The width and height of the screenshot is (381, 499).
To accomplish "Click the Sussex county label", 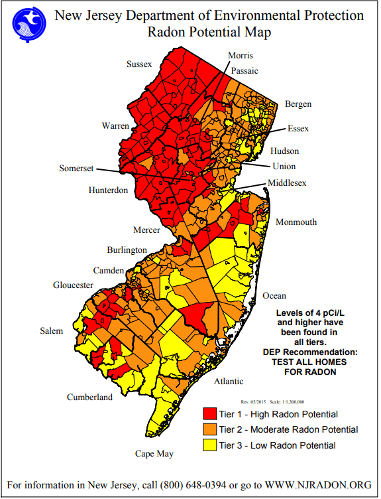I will tap(140, 64).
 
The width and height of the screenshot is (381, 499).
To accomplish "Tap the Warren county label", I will tap(115, 125).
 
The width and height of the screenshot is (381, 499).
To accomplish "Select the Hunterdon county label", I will tap(108, 190).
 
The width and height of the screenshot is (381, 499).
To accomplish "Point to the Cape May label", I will tap(154, 454).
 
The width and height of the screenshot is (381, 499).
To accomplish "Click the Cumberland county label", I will tap(89, 397).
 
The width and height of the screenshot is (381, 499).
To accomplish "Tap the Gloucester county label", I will tap(74, 285).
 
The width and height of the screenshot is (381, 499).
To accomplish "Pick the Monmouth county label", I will tap(296, 222).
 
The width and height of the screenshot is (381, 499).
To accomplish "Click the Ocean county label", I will tap(274, 295).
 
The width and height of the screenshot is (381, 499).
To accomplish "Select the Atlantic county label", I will tap(229, 382).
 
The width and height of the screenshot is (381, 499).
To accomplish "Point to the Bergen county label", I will tap(298, 104).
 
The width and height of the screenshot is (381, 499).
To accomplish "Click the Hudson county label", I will tap(284, 151).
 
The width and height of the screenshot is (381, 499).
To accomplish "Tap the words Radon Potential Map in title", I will tap(210, 31).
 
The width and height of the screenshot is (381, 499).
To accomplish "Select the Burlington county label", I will tap(127, 250).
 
